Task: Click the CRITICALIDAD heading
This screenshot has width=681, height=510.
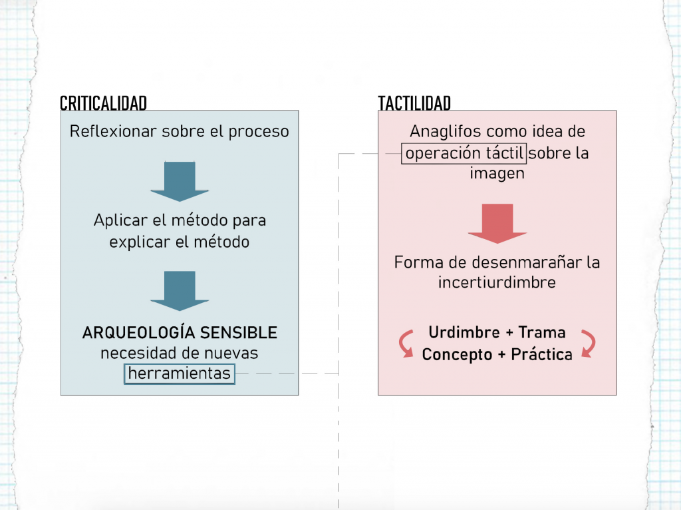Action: (x=103, y=103)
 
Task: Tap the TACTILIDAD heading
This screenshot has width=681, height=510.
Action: (x=414, y=103)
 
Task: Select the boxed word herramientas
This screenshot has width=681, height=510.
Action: (x=180, y=374)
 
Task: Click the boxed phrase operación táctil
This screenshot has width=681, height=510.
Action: (x=464, y=154)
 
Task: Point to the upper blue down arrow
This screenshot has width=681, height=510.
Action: (x=180, y=181)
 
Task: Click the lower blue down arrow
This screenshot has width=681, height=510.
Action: (x=180, y=291)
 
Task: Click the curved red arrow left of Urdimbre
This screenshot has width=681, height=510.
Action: (x=404, y=344)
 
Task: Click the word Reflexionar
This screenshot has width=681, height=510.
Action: (x=113, y=131)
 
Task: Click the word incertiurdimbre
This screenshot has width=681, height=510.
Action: (x=497, y=282)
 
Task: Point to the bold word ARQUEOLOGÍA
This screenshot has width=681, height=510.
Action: (x=138, y=333)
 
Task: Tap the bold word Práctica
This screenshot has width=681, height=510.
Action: (x=541, y=354)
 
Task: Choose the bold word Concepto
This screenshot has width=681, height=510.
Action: (x=458, y=355)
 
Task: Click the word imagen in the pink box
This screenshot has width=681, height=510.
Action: (x=497, y=174)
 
